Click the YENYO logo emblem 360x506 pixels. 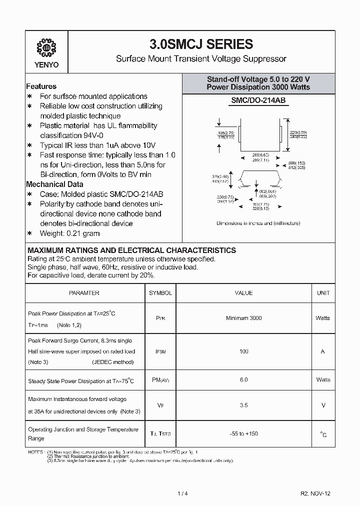point(46,48)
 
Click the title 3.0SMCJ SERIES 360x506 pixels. point(201,44)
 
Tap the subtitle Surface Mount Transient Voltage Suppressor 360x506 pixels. point(201,58)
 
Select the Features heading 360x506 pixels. point(41,86)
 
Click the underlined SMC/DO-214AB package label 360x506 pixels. point(258,100)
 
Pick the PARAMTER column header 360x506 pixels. point(84,293)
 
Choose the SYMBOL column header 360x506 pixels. point(160,293)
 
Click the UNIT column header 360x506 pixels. point(323,293)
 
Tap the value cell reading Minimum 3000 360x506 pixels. point(243,318)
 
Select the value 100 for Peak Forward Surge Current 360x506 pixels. point(243,351)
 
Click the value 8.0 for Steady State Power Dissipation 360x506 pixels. point(243,380)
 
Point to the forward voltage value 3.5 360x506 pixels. point(243,405)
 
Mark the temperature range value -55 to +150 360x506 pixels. point(243,434)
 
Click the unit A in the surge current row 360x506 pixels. point(323,351)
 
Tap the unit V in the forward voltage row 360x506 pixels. point(323,405)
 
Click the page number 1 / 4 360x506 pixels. point(182,493)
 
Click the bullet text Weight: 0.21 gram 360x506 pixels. point(69,233)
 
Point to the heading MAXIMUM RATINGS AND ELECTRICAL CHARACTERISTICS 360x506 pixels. point(131,250)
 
